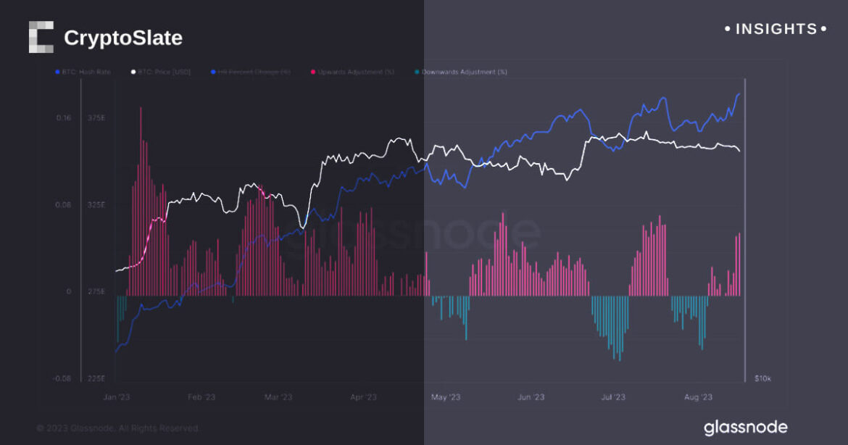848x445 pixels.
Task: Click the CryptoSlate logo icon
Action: coord(41,37)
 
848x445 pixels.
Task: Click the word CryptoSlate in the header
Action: coord(123,38)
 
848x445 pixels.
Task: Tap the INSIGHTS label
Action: coord(776,29)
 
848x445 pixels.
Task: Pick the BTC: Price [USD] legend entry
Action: coord(160,72)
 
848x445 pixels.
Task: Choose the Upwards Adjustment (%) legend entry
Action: coord(353,72)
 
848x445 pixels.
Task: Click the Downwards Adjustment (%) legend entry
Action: coord(460,72)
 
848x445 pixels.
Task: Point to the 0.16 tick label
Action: coord(64,118)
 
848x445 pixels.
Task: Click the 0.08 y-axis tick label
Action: coord(64,205)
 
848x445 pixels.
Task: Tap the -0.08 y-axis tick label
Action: coord(62,378)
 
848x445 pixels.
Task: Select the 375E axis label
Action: coord(96,118)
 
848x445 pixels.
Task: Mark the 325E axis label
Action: coord(96,205)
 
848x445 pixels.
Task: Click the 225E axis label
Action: coord(96,378)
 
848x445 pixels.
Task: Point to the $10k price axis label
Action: coord(762,378)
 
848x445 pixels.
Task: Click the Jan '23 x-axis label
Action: coord(116,397)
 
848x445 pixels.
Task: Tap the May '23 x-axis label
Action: coord(445,397)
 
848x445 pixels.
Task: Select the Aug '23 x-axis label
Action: coord(698,397)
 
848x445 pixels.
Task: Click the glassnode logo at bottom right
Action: coord(745,428)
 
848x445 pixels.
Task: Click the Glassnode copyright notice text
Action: coord(117,428)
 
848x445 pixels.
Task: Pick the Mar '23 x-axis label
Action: coord(278,397)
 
